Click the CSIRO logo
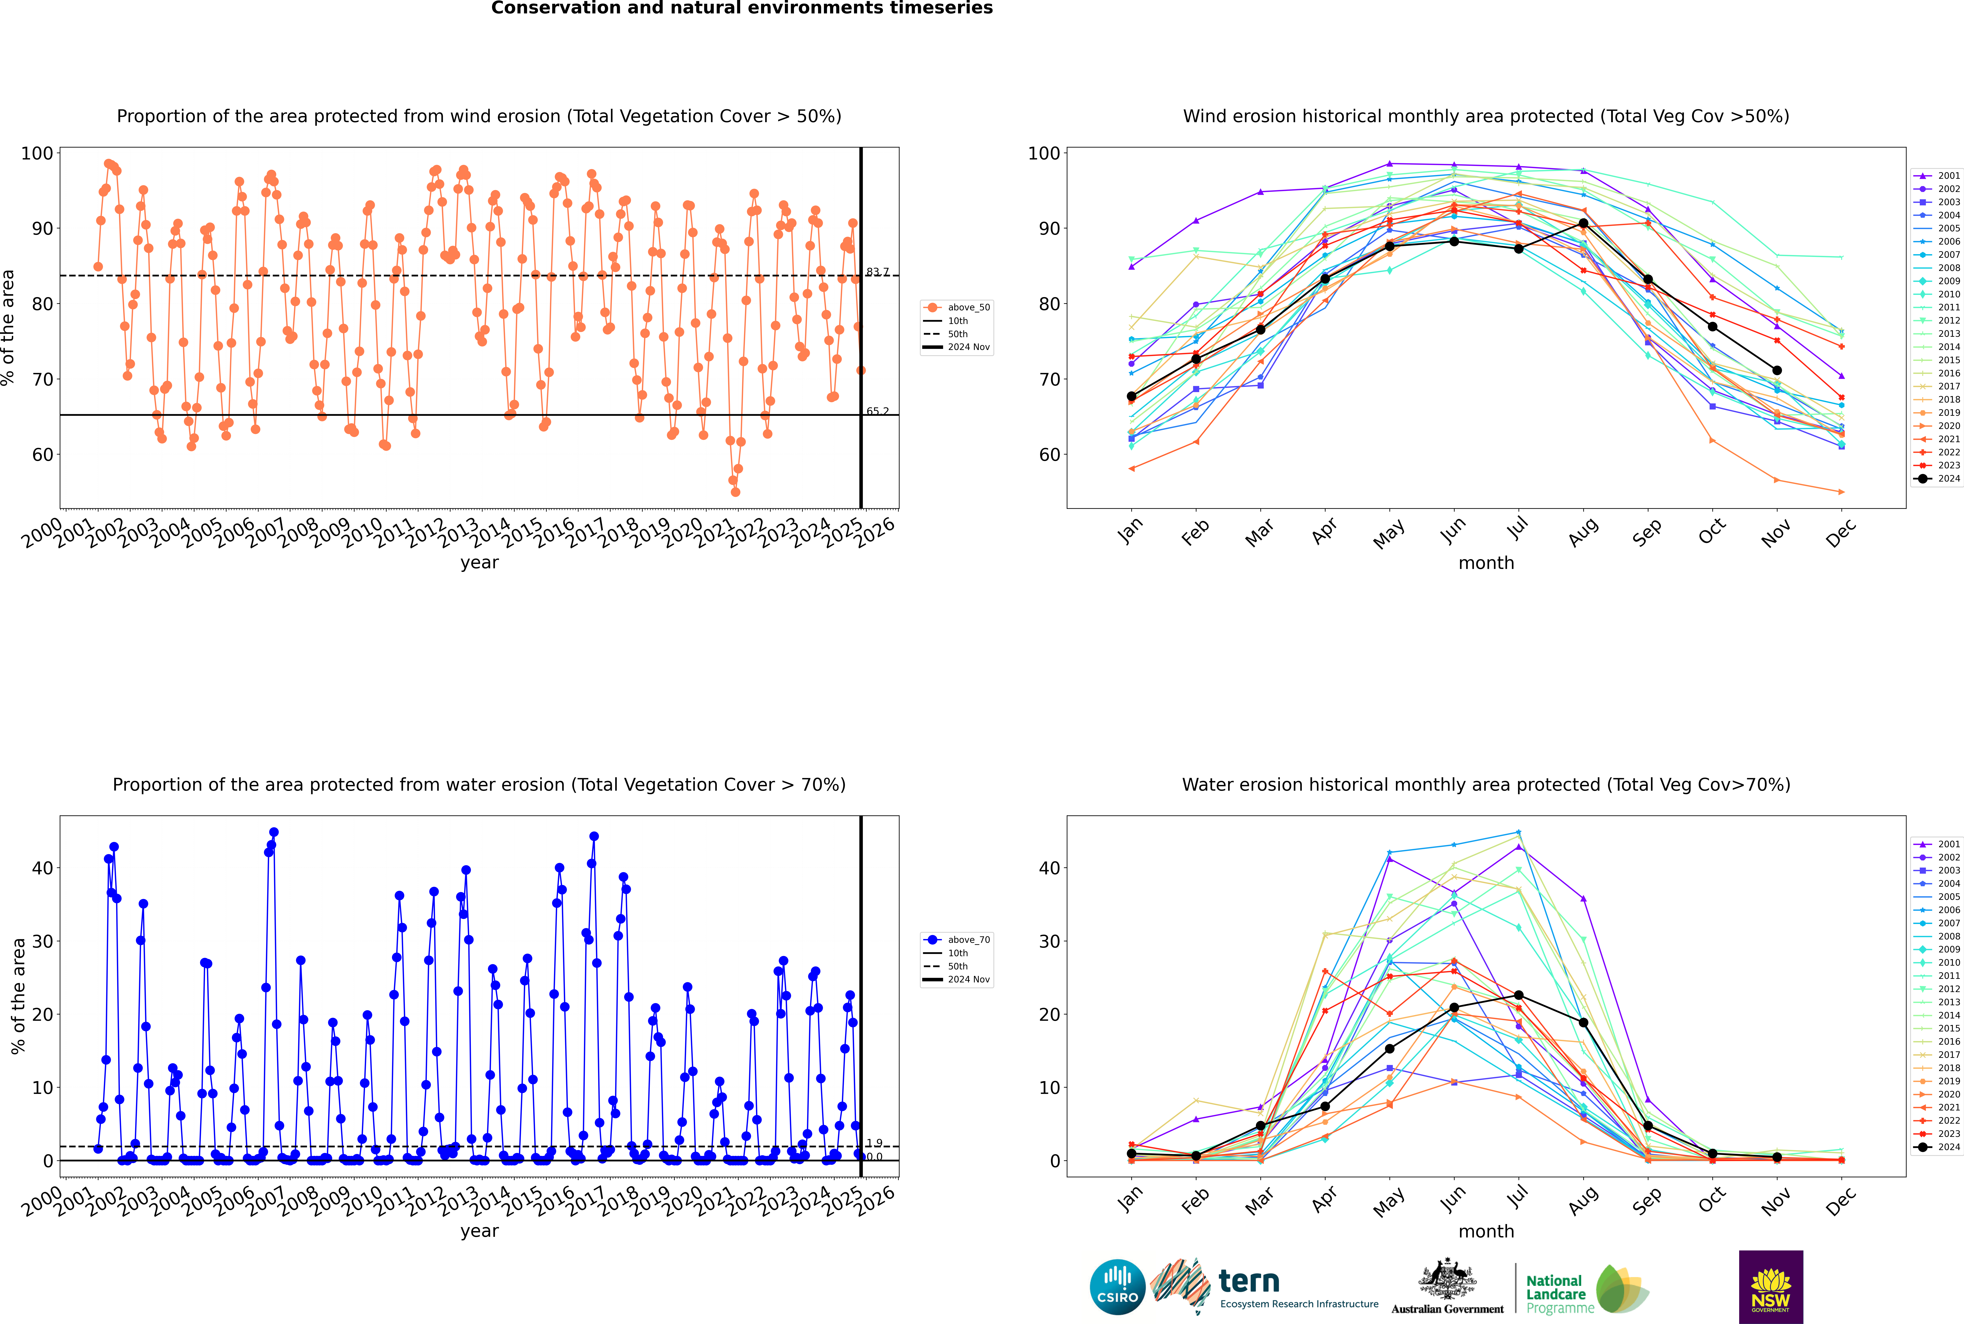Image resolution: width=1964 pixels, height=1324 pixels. coord(1117,1287)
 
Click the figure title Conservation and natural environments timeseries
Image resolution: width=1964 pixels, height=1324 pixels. coord(741,8)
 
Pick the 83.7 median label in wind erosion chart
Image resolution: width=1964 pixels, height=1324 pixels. coord(877,272)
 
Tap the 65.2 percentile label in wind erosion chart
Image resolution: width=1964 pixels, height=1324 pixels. coord(877,411)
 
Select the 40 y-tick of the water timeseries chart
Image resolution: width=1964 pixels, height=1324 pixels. coord(42,868)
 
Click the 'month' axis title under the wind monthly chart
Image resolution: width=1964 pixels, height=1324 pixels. coord(1486,563)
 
